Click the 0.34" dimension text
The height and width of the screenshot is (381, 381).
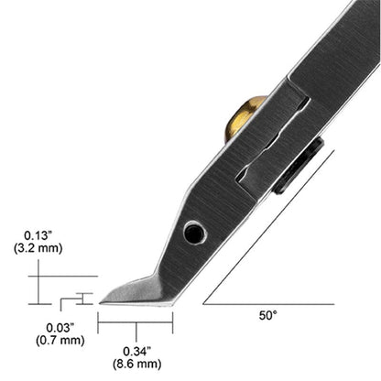tap(135, 350)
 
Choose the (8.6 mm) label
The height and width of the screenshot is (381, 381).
tap(135, 364)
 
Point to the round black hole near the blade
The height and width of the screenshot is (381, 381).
tap(194, 234)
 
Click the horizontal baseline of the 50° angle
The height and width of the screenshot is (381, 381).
tap(275, 303)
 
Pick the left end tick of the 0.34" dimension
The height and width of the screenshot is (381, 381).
tap(98, 321)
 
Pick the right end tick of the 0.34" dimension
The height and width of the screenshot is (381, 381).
tap(172, 321)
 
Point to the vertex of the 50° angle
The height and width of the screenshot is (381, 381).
tap(204, 303)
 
